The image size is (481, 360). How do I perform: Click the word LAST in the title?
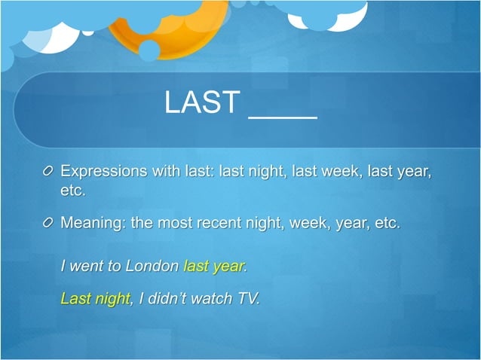pos(202,103)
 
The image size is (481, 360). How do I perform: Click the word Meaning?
pos(93,224)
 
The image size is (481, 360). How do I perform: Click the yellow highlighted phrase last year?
pos(214,266)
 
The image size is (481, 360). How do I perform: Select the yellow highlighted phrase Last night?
pos(95,298)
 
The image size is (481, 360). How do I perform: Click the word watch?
pos(212,298)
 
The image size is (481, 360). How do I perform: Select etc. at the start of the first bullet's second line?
pos(73,191)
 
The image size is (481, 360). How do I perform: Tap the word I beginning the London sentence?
pos(63,266)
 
